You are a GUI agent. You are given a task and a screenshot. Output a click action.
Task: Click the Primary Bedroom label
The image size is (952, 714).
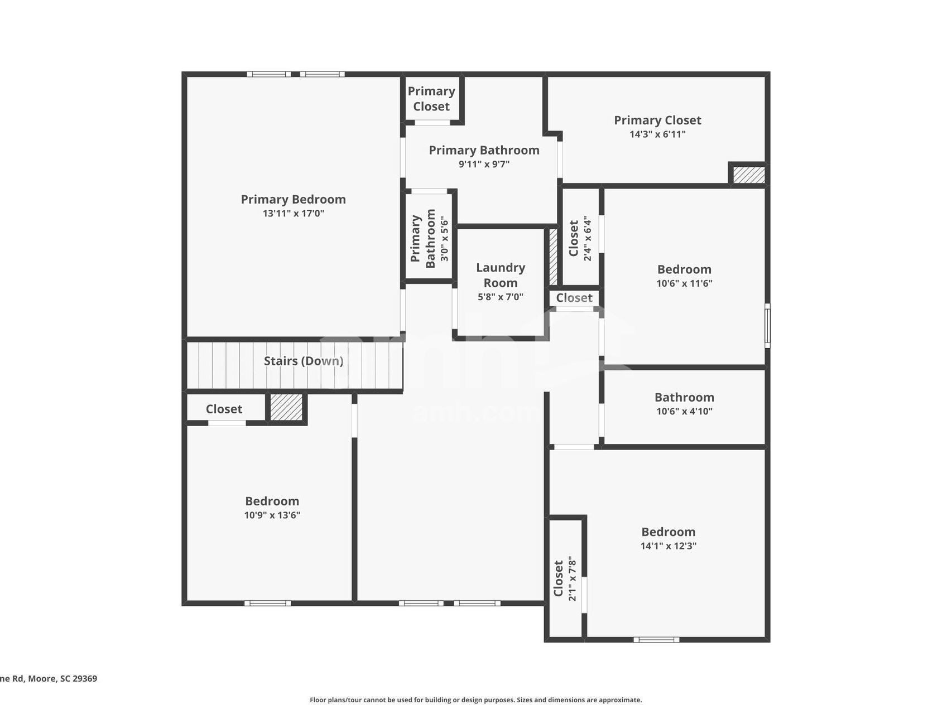[x=293, y=199]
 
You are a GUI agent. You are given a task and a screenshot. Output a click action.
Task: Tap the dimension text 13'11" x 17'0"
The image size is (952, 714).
[x=293, y=214]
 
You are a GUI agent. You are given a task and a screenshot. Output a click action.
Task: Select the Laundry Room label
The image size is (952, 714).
[x=501, y=275]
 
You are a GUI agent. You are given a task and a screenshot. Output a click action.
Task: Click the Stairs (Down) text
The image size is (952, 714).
[x=303, y=361]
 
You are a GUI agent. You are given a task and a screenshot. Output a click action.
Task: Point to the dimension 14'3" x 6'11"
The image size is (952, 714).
[x=657, y=134]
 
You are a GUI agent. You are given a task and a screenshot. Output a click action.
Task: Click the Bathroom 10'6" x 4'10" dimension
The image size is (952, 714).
[x=684, y=412]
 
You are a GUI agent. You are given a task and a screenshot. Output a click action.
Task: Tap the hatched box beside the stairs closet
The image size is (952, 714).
[x=286, y=408]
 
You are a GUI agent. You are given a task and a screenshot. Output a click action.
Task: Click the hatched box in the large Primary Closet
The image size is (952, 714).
[x=748, y=175]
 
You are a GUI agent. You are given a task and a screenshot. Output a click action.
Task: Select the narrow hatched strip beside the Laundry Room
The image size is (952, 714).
[x=553, y=257]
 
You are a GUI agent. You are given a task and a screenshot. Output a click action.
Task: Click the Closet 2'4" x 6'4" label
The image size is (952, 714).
[x=574, y=238]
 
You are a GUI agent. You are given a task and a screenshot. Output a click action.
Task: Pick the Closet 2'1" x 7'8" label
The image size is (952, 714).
[x=559, y=578]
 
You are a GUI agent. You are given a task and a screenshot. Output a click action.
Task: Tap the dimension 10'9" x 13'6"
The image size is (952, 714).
[x=272, y=515]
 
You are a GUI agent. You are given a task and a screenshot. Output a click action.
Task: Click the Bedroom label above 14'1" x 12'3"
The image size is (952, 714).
[x=668, y=532]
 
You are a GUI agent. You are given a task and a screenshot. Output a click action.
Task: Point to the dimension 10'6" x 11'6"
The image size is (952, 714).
[x=684, y=283]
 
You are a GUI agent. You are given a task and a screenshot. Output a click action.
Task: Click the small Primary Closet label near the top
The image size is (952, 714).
[x=431, y=99]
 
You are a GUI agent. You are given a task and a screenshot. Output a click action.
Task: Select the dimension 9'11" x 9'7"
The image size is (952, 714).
[x=484, y=165]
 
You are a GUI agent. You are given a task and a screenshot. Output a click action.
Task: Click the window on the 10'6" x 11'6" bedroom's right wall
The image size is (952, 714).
[x=767, y=326]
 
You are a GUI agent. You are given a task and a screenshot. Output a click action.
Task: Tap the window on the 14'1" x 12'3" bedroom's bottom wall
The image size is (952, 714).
[x=656, y=639]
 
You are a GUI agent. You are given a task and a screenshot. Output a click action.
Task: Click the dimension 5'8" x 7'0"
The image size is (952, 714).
[x=501, y=297]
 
